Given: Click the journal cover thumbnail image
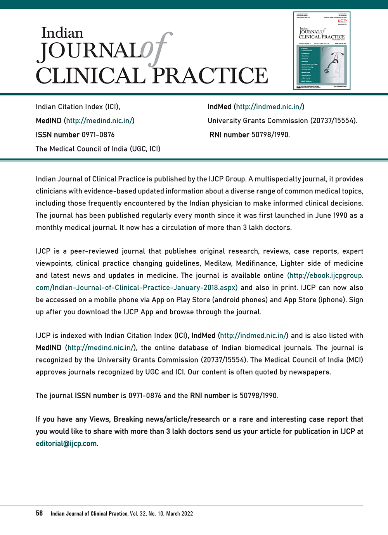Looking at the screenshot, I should (x=322, y=51).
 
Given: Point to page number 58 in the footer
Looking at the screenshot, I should (x=39, y=513).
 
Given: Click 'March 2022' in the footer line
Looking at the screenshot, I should (x=179, y=514).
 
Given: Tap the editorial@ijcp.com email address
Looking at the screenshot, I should (x=67, y=444).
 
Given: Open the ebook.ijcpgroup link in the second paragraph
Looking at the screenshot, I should (x=325, y=275).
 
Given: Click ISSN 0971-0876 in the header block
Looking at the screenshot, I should (x=75, y=135).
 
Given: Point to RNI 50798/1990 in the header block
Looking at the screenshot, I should (x=249, y=135).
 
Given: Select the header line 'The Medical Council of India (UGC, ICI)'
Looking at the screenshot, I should (x=98, y=149).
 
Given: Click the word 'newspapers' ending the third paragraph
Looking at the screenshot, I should (x=311, y=372).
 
